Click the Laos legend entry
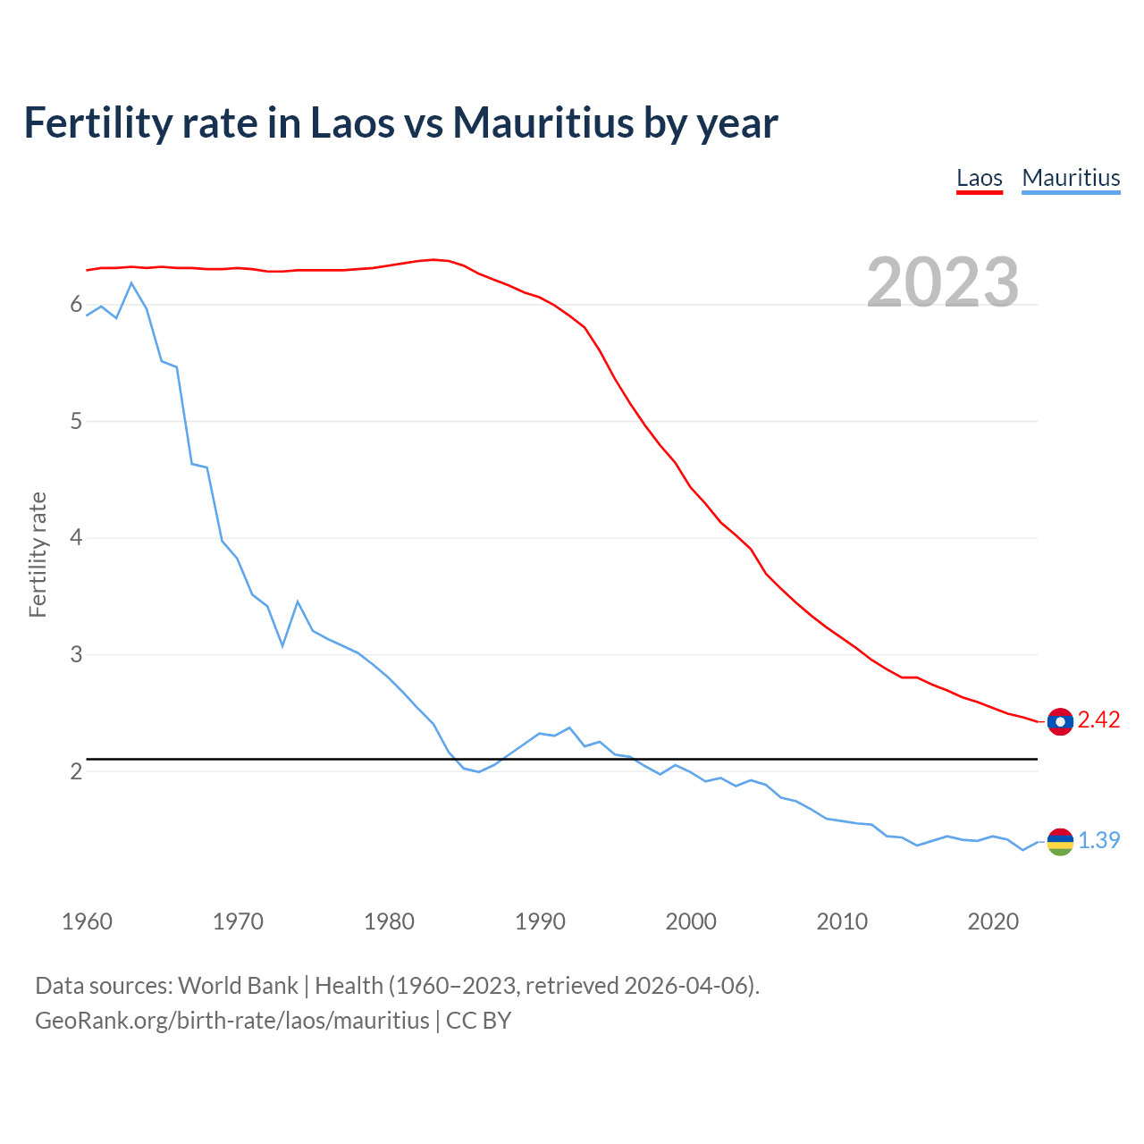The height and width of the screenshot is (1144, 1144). tap(979, 178)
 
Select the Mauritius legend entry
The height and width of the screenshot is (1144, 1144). tap(1071, 178)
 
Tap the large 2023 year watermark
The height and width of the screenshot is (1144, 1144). tap(943, 282)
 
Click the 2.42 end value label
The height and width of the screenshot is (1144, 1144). tap(1098, 720)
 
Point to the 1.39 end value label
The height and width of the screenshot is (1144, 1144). tap(1098, 841)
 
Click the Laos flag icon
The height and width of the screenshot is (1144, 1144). tap(1060, 721)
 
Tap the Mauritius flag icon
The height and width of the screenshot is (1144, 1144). tap(1060, 841)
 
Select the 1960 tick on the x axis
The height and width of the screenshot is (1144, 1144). tap(87, 921)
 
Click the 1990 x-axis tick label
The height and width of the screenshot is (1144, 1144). tap(540, 921)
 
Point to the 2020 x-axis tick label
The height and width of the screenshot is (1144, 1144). tap(993, 921)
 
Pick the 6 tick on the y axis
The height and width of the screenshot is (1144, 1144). tap(76, 305)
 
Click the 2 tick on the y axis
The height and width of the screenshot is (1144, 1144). tap(76, 771)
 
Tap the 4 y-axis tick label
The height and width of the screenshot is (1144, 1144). tap(76, 538)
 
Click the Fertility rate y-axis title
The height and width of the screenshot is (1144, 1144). tap(38, 554)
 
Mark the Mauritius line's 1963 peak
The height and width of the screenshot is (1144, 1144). tap(131, 283)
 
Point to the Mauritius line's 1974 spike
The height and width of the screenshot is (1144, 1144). tap(298, 601)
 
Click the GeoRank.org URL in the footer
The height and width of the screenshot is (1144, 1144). tap(232, 1021)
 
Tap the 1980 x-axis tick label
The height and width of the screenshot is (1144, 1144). tap(389, 921)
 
